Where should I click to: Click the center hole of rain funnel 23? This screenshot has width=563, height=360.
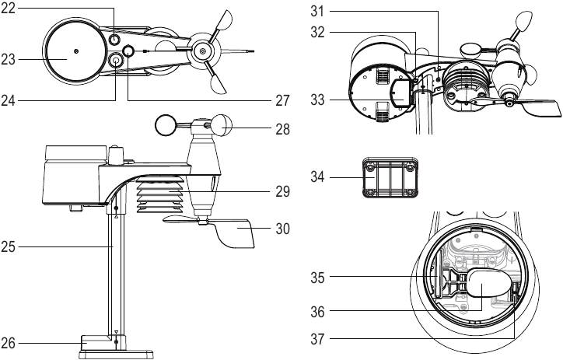[75, 52]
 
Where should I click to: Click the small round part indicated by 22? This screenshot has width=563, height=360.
[114, 40]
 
